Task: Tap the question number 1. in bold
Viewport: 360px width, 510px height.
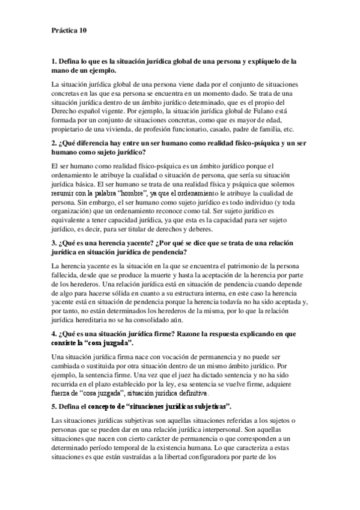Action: (x=54, y=62)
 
